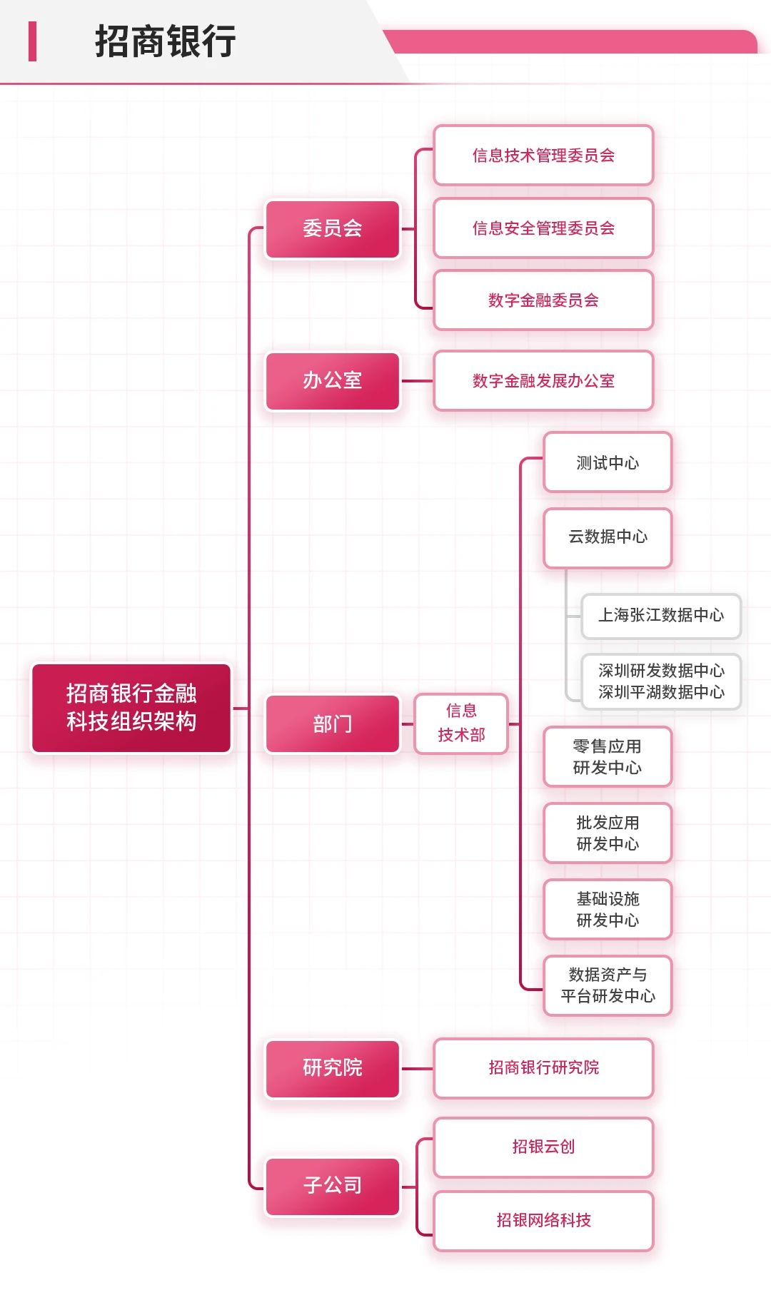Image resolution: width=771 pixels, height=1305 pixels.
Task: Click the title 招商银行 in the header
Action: pos(165,41)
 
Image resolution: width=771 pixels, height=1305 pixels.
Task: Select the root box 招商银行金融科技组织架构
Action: pos(131,708)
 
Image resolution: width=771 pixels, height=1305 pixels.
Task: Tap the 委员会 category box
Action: pos(333,229)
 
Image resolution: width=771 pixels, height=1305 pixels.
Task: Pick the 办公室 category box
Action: pos(333,381)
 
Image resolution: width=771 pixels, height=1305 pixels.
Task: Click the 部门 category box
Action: pos(333,724)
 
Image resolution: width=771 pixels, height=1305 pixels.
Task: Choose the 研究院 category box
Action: pos(333,1068)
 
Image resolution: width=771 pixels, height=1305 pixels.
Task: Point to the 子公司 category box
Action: pos(333,1186)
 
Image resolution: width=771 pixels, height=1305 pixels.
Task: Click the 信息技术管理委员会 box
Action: pos(543,156)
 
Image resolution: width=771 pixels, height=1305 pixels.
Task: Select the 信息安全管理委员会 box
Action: pos(543,228)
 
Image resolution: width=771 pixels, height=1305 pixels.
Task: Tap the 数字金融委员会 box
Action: pos(543,300)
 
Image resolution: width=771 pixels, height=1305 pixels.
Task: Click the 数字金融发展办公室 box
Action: pos(543,381)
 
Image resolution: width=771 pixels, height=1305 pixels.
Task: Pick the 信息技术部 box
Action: pos(461,723)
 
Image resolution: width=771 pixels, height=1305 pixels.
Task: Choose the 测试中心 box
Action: pos(608,463)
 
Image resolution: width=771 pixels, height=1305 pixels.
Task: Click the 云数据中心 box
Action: pos(608,537)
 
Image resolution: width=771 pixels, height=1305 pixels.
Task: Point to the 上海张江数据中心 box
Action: pos(661,616)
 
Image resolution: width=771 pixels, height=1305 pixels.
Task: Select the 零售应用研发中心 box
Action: pos(608,757)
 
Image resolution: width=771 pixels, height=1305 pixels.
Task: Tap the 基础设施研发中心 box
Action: pos(608,910)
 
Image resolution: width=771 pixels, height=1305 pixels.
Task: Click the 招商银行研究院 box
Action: pos(543,1068)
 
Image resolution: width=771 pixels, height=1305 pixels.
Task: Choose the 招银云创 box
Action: pos(543,1147)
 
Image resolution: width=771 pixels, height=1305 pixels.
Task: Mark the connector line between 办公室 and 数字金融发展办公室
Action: pos(417,381)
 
